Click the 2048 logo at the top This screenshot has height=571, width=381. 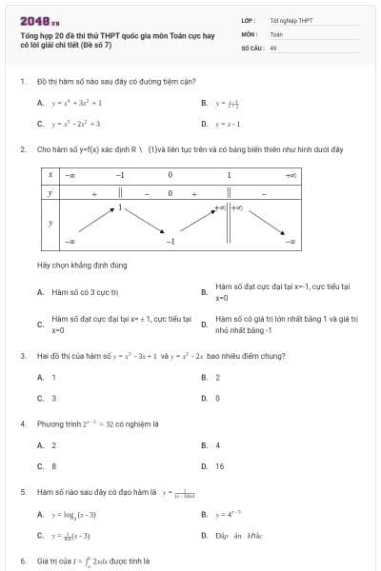pyautogui.click(x=39, y=21)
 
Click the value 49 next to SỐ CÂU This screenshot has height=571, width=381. pyautogui.click(x=273, y=47)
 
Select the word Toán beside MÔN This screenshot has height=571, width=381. pyautogui.click(x=276, y=33)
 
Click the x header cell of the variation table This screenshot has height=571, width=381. pyautogui.click(x=50, y=175)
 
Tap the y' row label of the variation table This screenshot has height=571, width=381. pyautogui.click(x=50, y=192)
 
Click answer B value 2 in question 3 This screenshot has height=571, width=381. pyautogui.click(x=217, y=377)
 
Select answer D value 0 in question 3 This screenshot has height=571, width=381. pyautogui.click(x=217, y=398)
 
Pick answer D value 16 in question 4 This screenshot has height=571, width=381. pyautogui.click(x=220, y=466)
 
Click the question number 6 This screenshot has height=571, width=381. pyautogui.click(x=22, y=561)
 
